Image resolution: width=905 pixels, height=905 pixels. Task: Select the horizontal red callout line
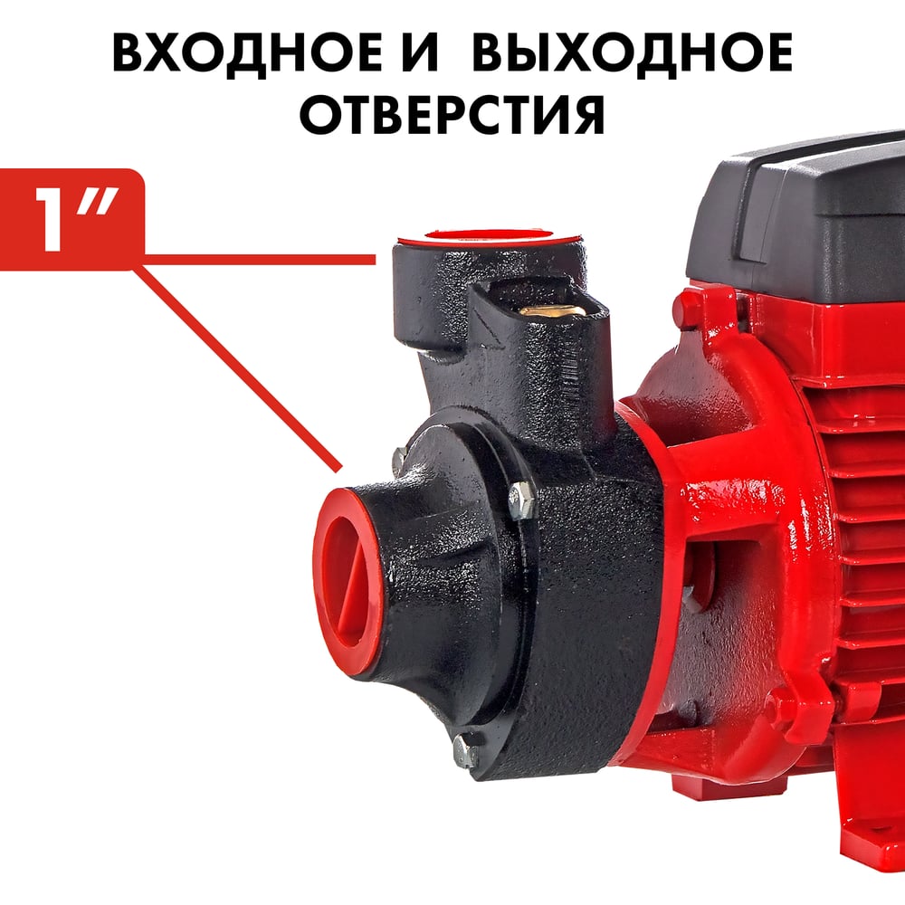point(260,260)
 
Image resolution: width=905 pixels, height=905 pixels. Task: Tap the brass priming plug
point(549,311)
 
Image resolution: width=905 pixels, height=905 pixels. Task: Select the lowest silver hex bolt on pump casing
point(466,750)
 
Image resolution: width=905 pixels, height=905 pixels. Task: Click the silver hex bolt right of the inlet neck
point(520,499)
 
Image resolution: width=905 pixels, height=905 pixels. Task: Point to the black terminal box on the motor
point(796,219)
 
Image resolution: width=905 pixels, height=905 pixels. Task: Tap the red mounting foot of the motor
point(872,854)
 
